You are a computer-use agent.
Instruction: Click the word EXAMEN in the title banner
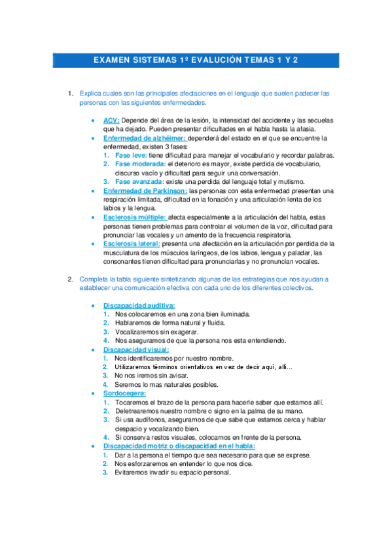pyautogui.click(x=112, y=60)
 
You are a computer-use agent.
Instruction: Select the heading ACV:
pyautogui.click(x=111, y=121)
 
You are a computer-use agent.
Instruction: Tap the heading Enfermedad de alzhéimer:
pyautogui.click(x=145, y=139)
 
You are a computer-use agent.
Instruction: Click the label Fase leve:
pyautogui.click(x=130, y=156)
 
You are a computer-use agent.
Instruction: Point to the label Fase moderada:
pyautogui.click(x=140, y=164)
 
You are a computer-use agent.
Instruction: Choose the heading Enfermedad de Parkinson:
pyautogui.click(x=145, y=190)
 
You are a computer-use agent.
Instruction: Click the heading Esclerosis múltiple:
pyautogui.click(x=135, y=217)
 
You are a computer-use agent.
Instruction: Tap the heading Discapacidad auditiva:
pyautogui.click(x=139, y=306)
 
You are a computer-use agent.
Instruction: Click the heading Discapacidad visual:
pyautogui.click(x=135, y=349)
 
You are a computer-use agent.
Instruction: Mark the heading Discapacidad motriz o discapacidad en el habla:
pyautogui.click(x=179, y=446)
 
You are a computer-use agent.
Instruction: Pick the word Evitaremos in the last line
pyautogui.click(x=132, y=473)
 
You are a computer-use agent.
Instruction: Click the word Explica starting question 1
pyautogui.click(x=90, y=94)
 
